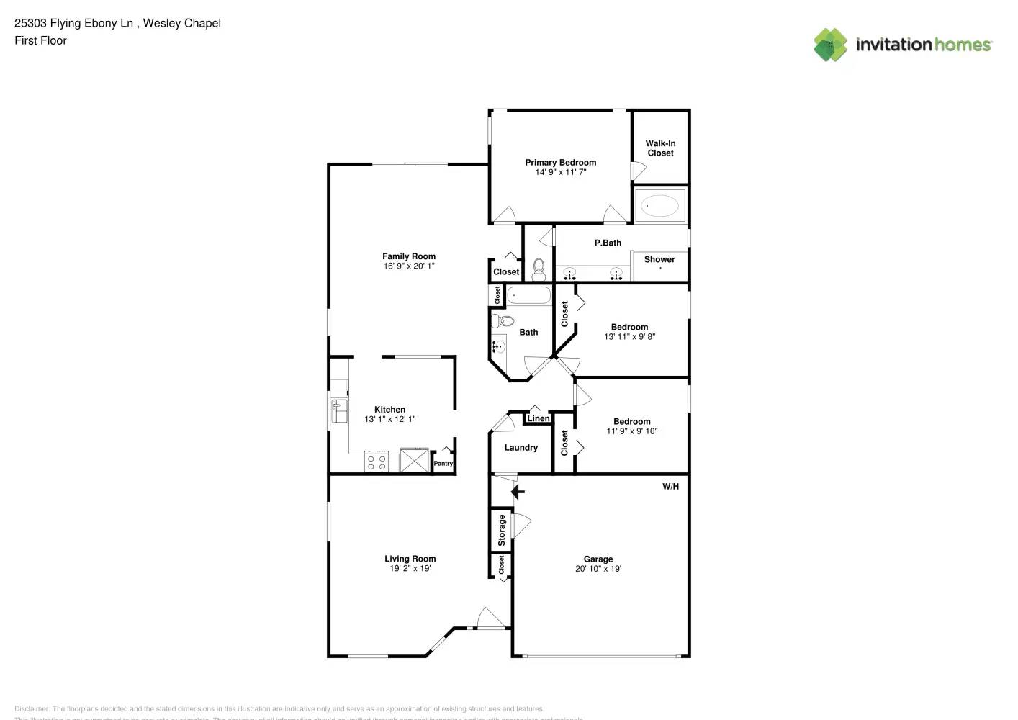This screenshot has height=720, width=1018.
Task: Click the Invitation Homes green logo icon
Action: tap(830, 45)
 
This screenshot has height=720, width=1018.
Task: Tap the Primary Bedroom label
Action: tap(560, 163)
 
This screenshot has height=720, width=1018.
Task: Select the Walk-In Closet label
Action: tap(660, 148)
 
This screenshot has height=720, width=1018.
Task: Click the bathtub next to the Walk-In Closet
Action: tap(659, 206)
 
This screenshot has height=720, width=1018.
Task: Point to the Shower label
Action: tap(659, 259)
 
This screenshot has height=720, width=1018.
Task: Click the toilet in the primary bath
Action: tap(539, 269)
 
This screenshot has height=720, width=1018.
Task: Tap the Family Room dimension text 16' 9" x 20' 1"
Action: tap(409, 266)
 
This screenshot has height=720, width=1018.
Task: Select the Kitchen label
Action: tap(389, 410)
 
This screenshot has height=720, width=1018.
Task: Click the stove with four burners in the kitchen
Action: tap(376, 462)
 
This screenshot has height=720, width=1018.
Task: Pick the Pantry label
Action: tap(443, 464)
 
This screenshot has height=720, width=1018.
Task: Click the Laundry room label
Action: tap(521, 448)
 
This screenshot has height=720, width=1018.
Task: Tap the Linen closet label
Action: tap(539, 418)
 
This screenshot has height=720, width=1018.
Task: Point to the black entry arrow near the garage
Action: tap(518, 492)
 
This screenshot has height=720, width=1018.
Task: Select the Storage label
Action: tap(502, 531)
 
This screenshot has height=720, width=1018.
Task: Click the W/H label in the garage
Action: tap(670, 487)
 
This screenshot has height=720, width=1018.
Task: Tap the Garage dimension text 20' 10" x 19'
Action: tap(598, 569)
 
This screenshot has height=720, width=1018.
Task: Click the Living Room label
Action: tap(410, 559)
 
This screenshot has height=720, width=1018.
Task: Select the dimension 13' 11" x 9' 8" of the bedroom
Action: tap(629, 337)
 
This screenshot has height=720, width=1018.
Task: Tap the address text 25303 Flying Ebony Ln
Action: tap(73, 23)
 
